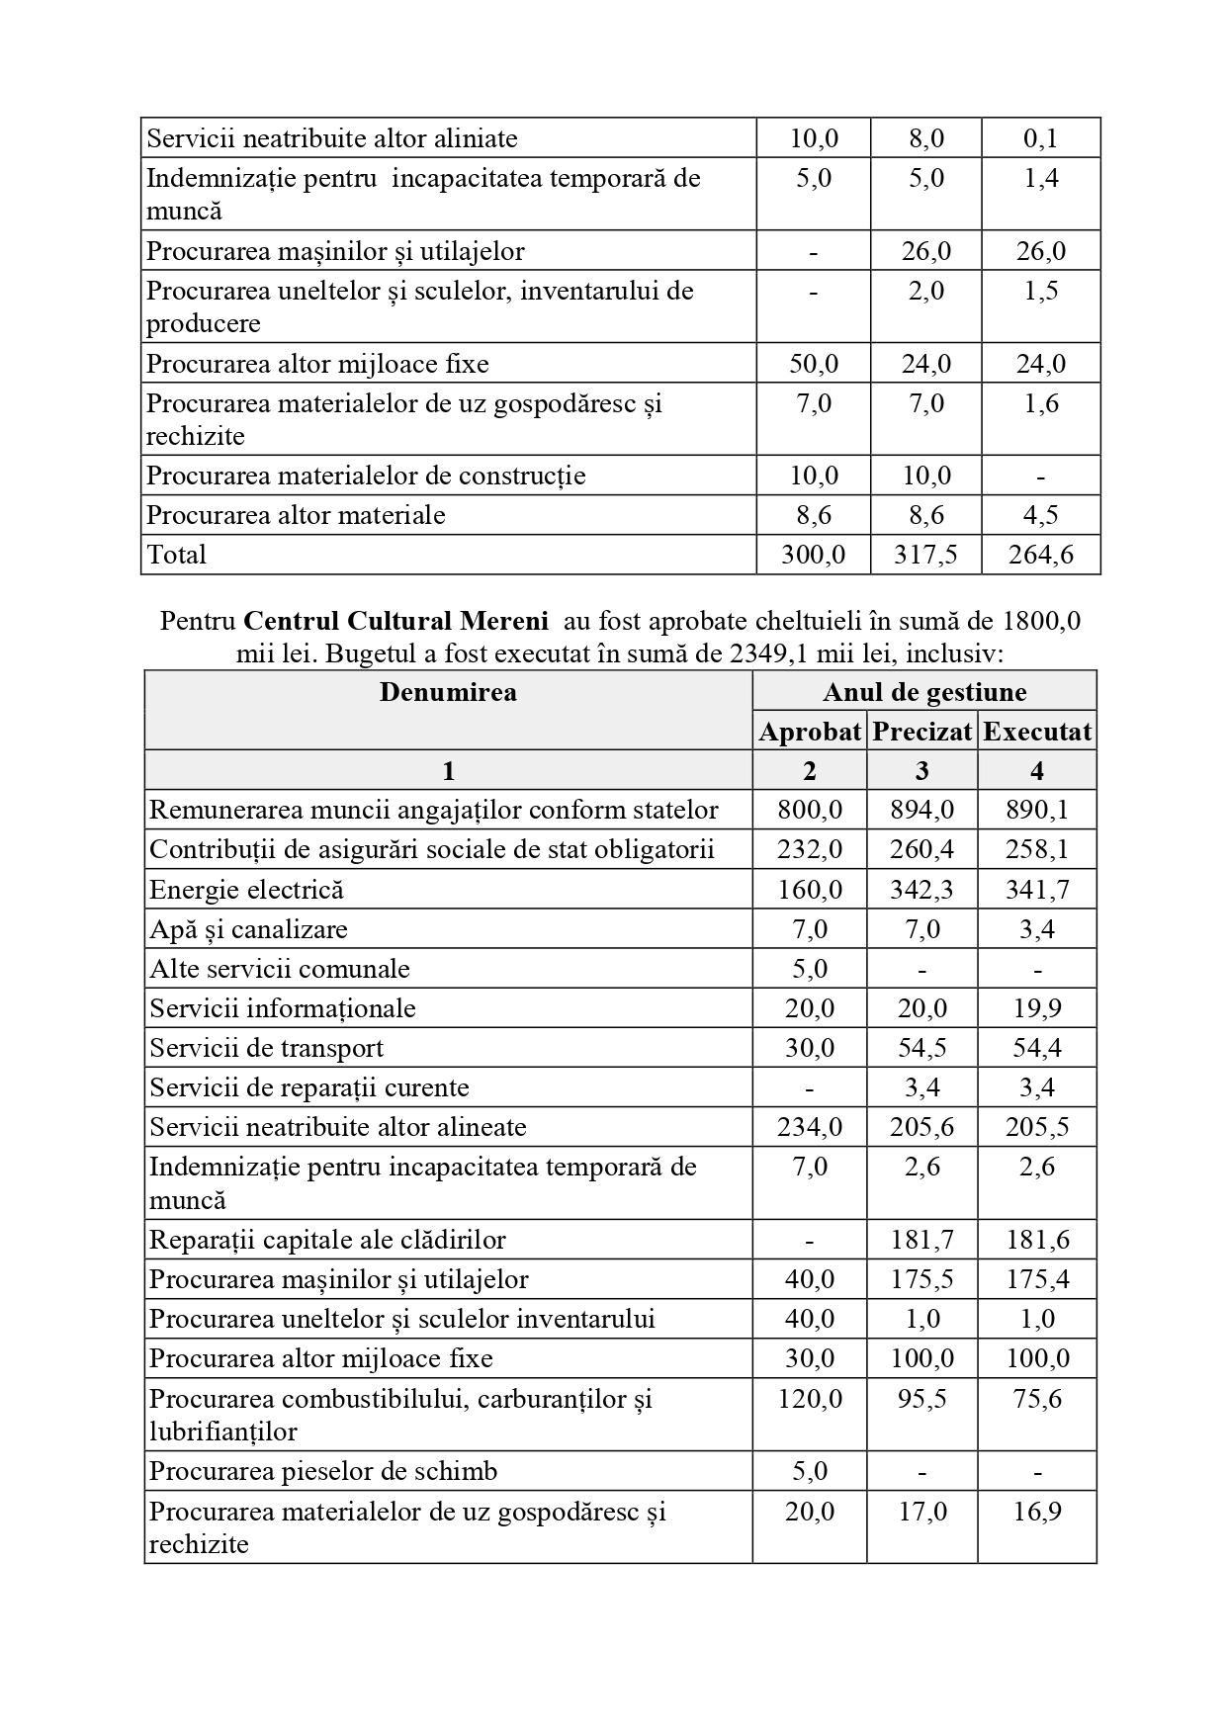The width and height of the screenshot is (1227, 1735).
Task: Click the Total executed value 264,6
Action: click(x=1040, y=555)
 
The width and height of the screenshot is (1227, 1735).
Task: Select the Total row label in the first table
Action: click(x=177, y=555)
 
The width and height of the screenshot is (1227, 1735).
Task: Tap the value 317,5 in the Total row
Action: click(x=925, y=555)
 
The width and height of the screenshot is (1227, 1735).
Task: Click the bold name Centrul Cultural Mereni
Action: click(x=395, y=621)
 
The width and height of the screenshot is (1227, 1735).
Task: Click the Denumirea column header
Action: click(x=448, y=691)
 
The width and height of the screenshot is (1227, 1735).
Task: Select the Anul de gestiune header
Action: click(x=924, y=692)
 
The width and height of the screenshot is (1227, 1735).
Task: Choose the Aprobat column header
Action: click(x=810, y=732)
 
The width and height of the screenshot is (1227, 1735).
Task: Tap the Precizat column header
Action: click(x=922, y=732)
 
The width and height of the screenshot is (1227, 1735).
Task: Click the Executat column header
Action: click(x=1037, y=732)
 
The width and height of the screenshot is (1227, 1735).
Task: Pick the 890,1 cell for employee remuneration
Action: click(x=1037, y=811)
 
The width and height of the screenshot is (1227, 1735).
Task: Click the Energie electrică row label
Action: click(x=247, y=890)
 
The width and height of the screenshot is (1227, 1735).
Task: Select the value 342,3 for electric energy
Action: click(x=922, y=890)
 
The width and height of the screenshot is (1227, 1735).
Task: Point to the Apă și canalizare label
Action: click(x=248, y=929)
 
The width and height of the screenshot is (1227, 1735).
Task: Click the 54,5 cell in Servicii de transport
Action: click(x=922, y=1048)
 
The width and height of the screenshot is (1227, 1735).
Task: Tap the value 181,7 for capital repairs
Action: click(x=922, y=1240)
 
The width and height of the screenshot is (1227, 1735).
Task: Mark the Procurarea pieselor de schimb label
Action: click(x=323, y=1471)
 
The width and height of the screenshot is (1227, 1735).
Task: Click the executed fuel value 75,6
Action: click(x=1037, y=1399)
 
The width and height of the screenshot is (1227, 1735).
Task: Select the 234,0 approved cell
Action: click(x=810, y=1127)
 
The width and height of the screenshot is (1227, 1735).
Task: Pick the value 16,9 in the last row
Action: click(x=1037, y=1512)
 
